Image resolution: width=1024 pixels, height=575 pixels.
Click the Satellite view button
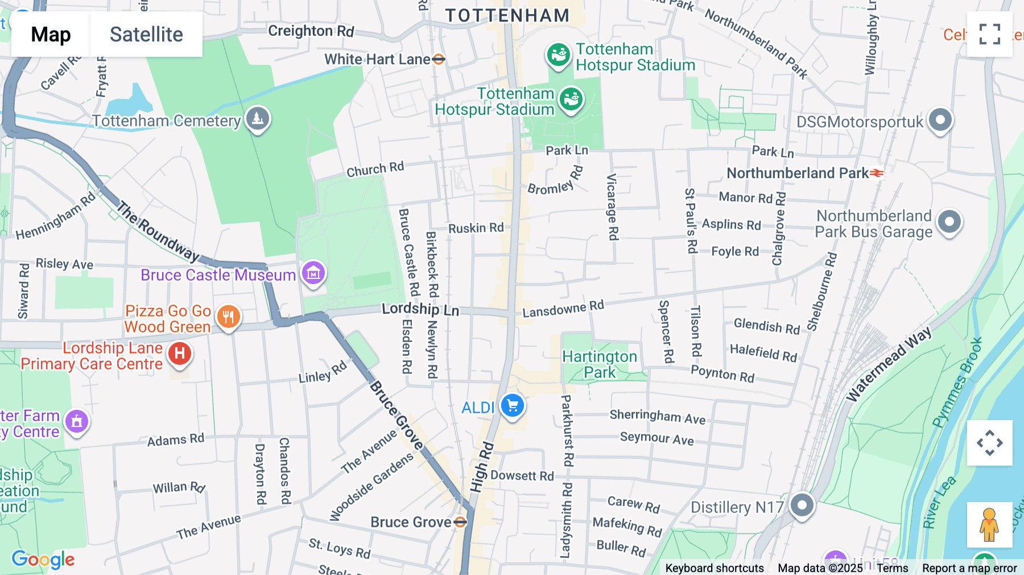[x=146, y=34]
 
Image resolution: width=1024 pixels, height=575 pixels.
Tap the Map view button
[x=51, y=34]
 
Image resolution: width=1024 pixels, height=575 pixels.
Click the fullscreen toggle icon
[x=989, y=34]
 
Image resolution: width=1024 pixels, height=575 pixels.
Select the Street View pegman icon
[x=989, y=524]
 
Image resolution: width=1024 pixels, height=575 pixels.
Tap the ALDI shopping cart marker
[x=513, y=406]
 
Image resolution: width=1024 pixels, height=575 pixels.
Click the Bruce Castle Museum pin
[x=313, y=273]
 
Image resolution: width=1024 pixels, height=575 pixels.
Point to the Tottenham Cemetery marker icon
[x=258, y=119]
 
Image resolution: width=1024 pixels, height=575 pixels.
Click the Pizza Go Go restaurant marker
[x=229, y=317]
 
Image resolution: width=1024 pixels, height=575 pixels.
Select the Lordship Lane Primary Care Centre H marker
[x=180, y=354]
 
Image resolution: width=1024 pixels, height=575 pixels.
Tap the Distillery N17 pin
[x=802, y=505]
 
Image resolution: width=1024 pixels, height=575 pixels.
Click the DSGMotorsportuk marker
[x=940, y=120]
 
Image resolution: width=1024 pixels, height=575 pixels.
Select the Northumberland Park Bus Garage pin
[x=949, y=222]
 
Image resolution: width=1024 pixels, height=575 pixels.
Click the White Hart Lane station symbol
[x=439, y=59]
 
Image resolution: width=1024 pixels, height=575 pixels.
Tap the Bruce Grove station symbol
[x=461, y=522]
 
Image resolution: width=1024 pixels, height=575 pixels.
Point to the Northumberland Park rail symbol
[x=877, y=172]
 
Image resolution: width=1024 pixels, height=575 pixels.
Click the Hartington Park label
[x=600, y=364]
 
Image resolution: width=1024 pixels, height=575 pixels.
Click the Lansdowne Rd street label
[x=563, y=309]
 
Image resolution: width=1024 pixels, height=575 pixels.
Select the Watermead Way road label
[x=889, y=364]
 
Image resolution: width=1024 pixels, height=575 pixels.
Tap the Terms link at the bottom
[x=892, y=568]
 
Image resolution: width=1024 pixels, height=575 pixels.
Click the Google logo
[x=43, y=559]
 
